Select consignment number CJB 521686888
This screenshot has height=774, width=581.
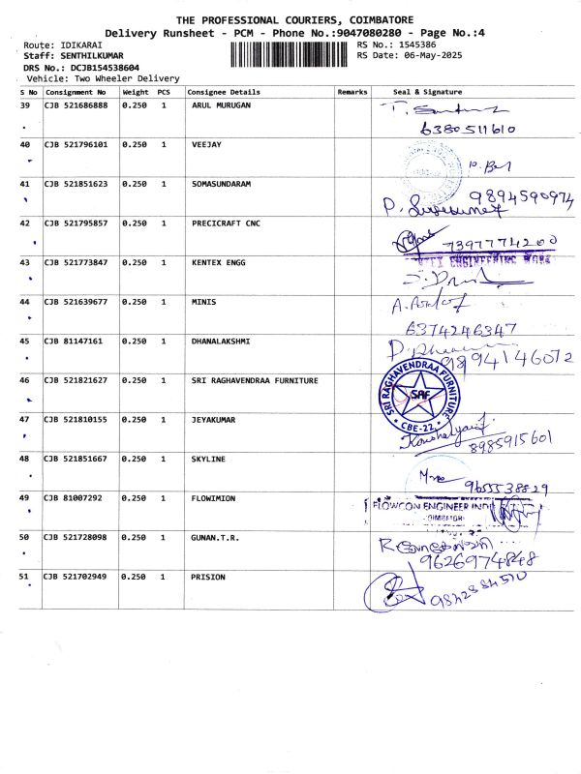click(76, 104)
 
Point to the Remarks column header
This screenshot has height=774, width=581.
click(352, 92)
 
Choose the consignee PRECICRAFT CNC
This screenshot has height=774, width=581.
click(226, 223)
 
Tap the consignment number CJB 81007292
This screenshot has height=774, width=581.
click(73, 498)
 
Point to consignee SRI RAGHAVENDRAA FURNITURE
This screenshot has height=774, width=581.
click(255, 380)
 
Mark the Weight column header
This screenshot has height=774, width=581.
click(135, 92)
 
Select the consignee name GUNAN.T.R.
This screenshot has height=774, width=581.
click(215, 537)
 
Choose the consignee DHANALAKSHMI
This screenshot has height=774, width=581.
click(221, 341)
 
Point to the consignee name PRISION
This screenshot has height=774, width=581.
click(208, 577)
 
